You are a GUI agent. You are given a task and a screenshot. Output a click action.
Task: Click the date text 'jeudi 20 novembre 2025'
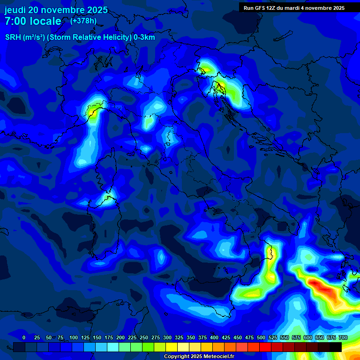(56, 10)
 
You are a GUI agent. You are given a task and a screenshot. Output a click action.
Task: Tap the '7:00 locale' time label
(33, 21)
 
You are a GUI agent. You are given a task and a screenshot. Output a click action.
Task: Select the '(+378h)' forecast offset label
(83, 21)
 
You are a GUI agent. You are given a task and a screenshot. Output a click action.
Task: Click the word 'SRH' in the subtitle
(13, 37)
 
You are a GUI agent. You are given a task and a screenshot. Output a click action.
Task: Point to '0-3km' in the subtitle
(144, 37)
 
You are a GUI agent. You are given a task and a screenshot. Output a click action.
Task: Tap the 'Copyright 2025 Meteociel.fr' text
(199, 357)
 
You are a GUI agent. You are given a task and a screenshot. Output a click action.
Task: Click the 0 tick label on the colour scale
(24, 337)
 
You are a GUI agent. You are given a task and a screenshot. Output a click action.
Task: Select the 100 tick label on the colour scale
(74, 337)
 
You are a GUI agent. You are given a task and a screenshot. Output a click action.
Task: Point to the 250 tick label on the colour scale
(144, 337)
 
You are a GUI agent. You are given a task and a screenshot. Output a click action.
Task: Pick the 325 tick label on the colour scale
(179, 337)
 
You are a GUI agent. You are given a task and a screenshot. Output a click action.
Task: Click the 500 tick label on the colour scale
(261, 337)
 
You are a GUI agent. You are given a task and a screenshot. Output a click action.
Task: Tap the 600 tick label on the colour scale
(308, 337)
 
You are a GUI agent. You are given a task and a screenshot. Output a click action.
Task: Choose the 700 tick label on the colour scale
(343, 337)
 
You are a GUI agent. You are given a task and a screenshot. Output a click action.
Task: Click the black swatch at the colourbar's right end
(336, 347)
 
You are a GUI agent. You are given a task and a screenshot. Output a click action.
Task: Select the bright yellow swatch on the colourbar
(172, 347)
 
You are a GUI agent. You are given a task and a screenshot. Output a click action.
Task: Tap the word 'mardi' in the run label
(297, 7)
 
